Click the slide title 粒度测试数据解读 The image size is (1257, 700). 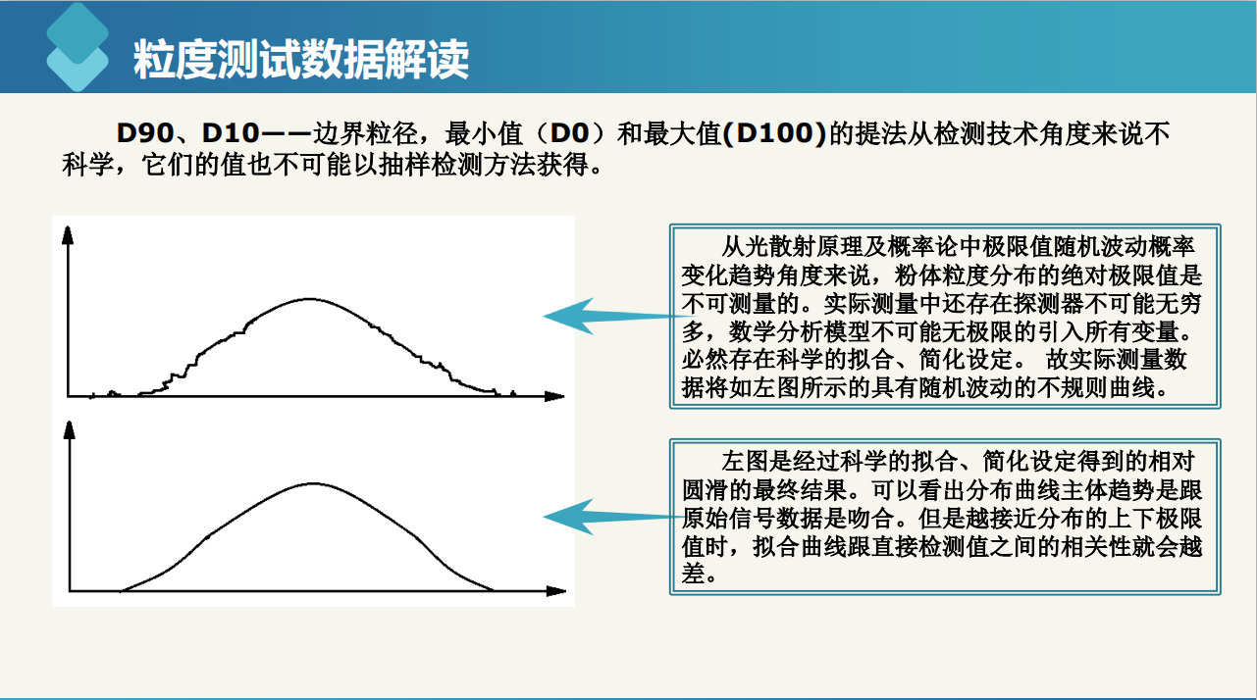[x=301, y=59]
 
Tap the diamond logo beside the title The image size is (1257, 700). [x=78, y=47]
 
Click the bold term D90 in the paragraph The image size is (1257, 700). [x=145, y=132]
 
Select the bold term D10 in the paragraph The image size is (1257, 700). [x=231, y=132]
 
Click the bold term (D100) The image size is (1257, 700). [x=775, y=132]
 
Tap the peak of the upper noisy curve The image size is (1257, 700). [x=310, y=299]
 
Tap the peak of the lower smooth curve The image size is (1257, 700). [x=313, y=483]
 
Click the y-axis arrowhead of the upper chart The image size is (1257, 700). [x=68, y=235]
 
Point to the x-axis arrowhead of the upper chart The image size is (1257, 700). [x=554, y=396]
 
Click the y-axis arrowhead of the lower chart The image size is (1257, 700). [x=70, y=429]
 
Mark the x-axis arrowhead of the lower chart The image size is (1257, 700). [x=556, y=591]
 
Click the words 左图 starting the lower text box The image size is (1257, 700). [x=744, y=461]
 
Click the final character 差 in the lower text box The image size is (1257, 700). [x=694, y=574]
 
